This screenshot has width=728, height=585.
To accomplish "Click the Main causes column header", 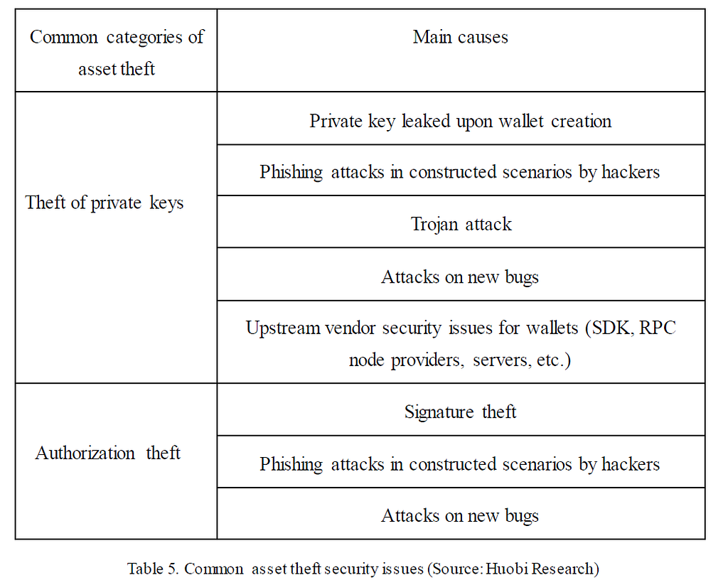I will point(461,37).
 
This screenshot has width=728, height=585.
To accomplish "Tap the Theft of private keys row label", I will point(105,203).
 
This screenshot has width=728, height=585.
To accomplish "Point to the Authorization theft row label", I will point(108,453).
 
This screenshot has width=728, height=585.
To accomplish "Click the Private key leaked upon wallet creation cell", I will point(461,121).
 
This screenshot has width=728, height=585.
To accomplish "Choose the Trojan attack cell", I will point(461,224).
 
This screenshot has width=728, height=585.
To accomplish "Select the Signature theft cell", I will point(461,412).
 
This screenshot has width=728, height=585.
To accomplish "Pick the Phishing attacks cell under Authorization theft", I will point(460,464).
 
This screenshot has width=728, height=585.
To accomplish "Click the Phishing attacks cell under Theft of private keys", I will point(460,172).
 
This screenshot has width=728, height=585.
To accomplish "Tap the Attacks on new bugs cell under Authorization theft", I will point(460,515).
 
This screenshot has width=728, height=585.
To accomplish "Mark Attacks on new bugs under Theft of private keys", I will point(460,277).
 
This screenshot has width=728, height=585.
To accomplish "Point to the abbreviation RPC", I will point(658,329).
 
